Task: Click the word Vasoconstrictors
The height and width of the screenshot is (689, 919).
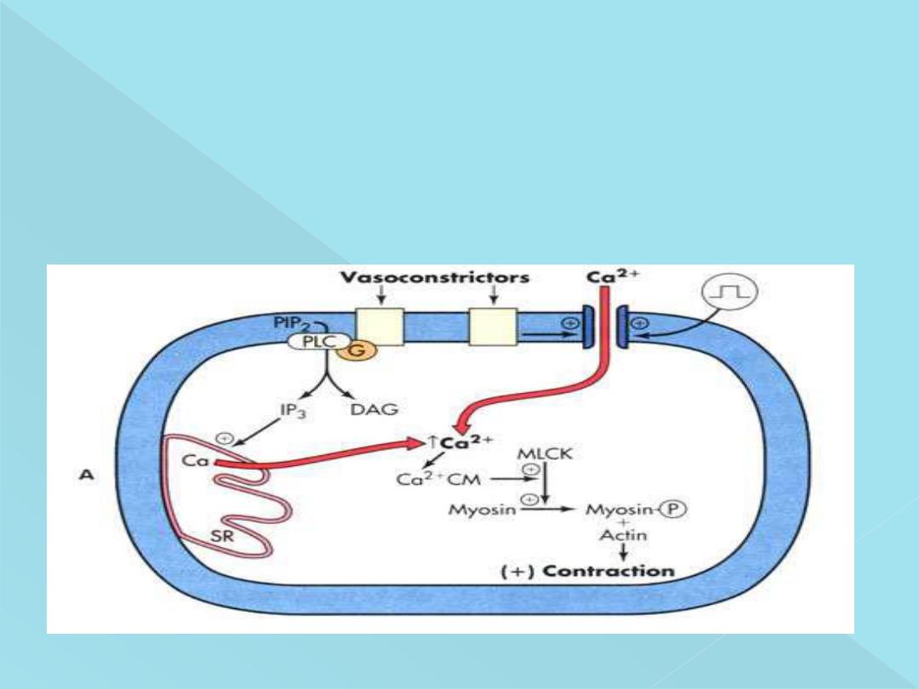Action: pyautogui.click(x=434, y=278)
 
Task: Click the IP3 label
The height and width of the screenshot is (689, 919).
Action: pyautogui.click(x=291, y=410)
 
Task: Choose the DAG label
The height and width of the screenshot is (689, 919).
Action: pyautogui.click(x=374, y=410)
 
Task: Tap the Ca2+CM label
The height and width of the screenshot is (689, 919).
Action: pyautogui.click(x=439, y=480)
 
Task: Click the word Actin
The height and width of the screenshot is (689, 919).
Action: pyautogui.click(x=623, y=535)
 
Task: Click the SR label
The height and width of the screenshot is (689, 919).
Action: pyautogui.click(x=222, y=537)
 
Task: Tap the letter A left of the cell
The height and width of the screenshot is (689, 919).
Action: pyautogui.click(x=85, y=476)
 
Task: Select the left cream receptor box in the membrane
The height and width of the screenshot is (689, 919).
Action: pyautogui.click(x=379, y=326)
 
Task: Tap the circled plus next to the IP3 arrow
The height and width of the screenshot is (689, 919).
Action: pyautogui.click(x=225, y=438)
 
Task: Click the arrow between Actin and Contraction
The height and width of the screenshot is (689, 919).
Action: pyautogui.click(x=623, y=552)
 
